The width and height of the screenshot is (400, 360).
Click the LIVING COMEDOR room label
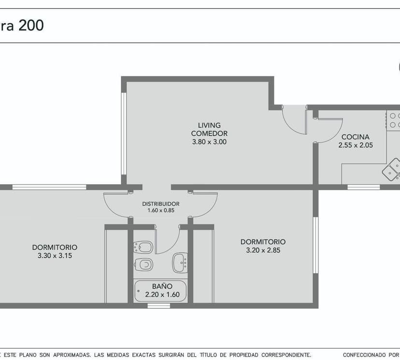tap(209, 130)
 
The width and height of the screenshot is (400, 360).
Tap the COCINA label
tap(356, 137)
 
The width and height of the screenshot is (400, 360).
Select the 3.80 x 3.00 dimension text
tap(209, 142)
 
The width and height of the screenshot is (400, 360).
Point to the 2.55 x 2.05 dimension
tap(356, 145)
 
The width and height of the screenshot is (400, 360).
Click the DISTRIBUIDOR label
tap(161, 204)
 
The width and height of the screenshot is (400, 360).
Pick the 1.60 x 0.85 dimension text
tap(161, 211)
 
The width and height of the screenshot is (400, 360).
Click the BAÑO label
tap(162, 286)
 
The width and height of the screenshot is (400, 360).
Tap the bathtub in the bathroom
tap(160, 291)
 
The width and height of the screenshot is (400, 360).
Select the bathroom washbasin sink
tap(180, 262)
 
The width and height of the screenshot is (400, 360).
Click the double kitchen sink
tap(391, 170)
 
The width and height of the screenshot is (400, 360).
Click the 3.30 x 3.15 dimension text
tap(55, 256)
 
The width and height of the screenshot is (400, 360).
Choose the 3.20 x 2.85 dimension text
tap(263, 250)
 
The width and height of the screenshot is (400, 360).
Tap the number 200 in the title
tap(31, 26)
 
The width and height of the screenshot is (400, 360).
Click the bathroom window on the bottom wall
tap(158, 306)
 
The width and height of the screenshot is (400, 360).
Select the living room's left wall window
tap(124, 133)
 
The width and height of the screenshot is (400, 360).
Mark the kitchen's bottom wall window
tap(364, 187)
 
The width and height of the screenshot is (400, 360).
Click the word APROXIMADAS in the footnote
tap(71, 355)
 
